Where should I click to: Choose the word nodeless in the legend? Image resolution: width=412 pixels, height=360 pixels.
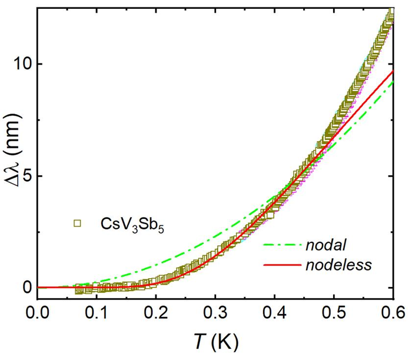click(x=338, y=265)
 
